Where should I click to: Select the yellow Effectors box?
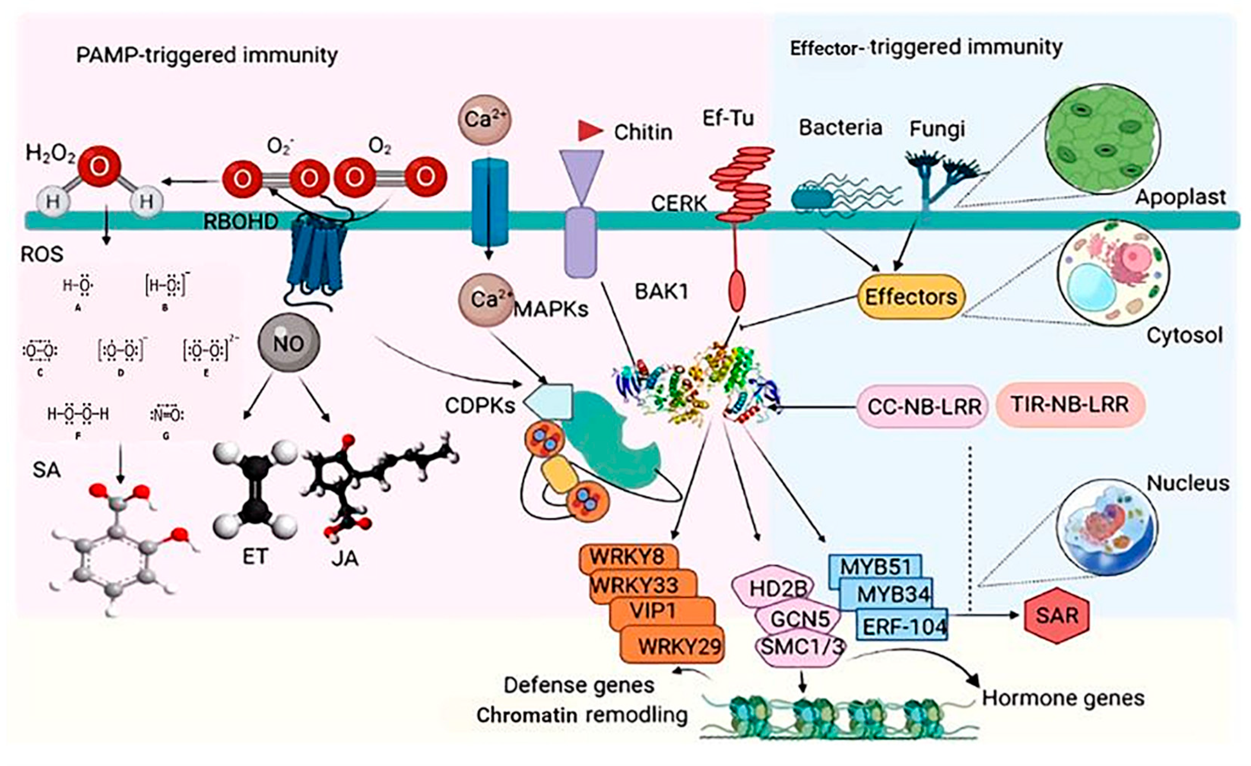point(911,297)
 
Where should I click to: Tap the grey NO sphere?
point(289,343)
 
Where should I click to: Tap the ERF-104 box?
point(904,627)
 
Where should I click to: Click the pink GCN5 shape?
point(800,619)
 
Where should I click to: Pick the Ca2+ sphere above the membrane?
point(484,120)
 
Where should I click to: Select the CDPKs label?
point(480,405)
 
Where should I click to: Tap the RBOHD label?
point(240,222)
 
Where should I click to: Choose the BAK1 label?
point(661,291)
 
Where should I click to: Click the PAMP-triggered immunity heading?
point(207,55)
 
